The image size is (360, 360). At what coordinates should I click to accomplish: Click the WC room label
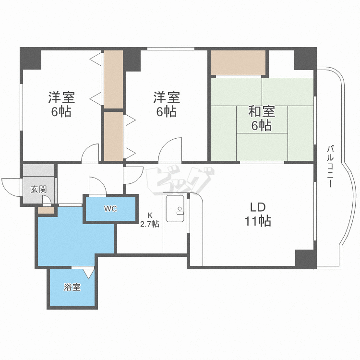[110, 209]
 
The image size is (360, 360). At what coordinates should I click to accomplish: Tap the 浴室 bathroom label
[72, 287]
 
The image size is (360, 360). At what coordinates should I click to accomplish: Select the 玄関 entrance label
[38, 190]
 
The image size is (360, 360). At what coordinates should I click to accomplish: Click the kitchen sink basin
[175, 208]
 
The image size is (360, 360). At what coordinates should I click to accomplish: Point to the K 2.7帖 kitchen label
[150, 220]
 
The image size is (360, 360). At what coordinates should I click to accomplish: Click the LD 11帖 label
[258, 214]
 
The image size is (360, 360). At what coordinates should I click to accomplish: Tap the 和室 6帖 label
[261, 119]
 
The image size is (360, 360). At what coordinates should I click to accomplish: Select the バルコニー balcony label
[330, 166]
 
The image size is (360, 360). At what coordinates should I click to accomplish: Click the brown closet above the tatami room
[238, 62]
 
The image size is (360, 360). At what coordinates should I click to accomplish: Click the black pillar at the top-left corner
[31, 59]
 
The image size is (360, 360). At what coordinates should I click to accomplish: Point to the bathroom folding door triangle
[89, 274]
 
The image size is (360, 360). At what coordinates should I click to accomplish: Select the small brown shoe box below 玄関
[46, 210]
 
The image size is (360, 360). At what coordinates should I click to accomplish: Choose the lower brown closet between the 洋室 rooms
[113, 136]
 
